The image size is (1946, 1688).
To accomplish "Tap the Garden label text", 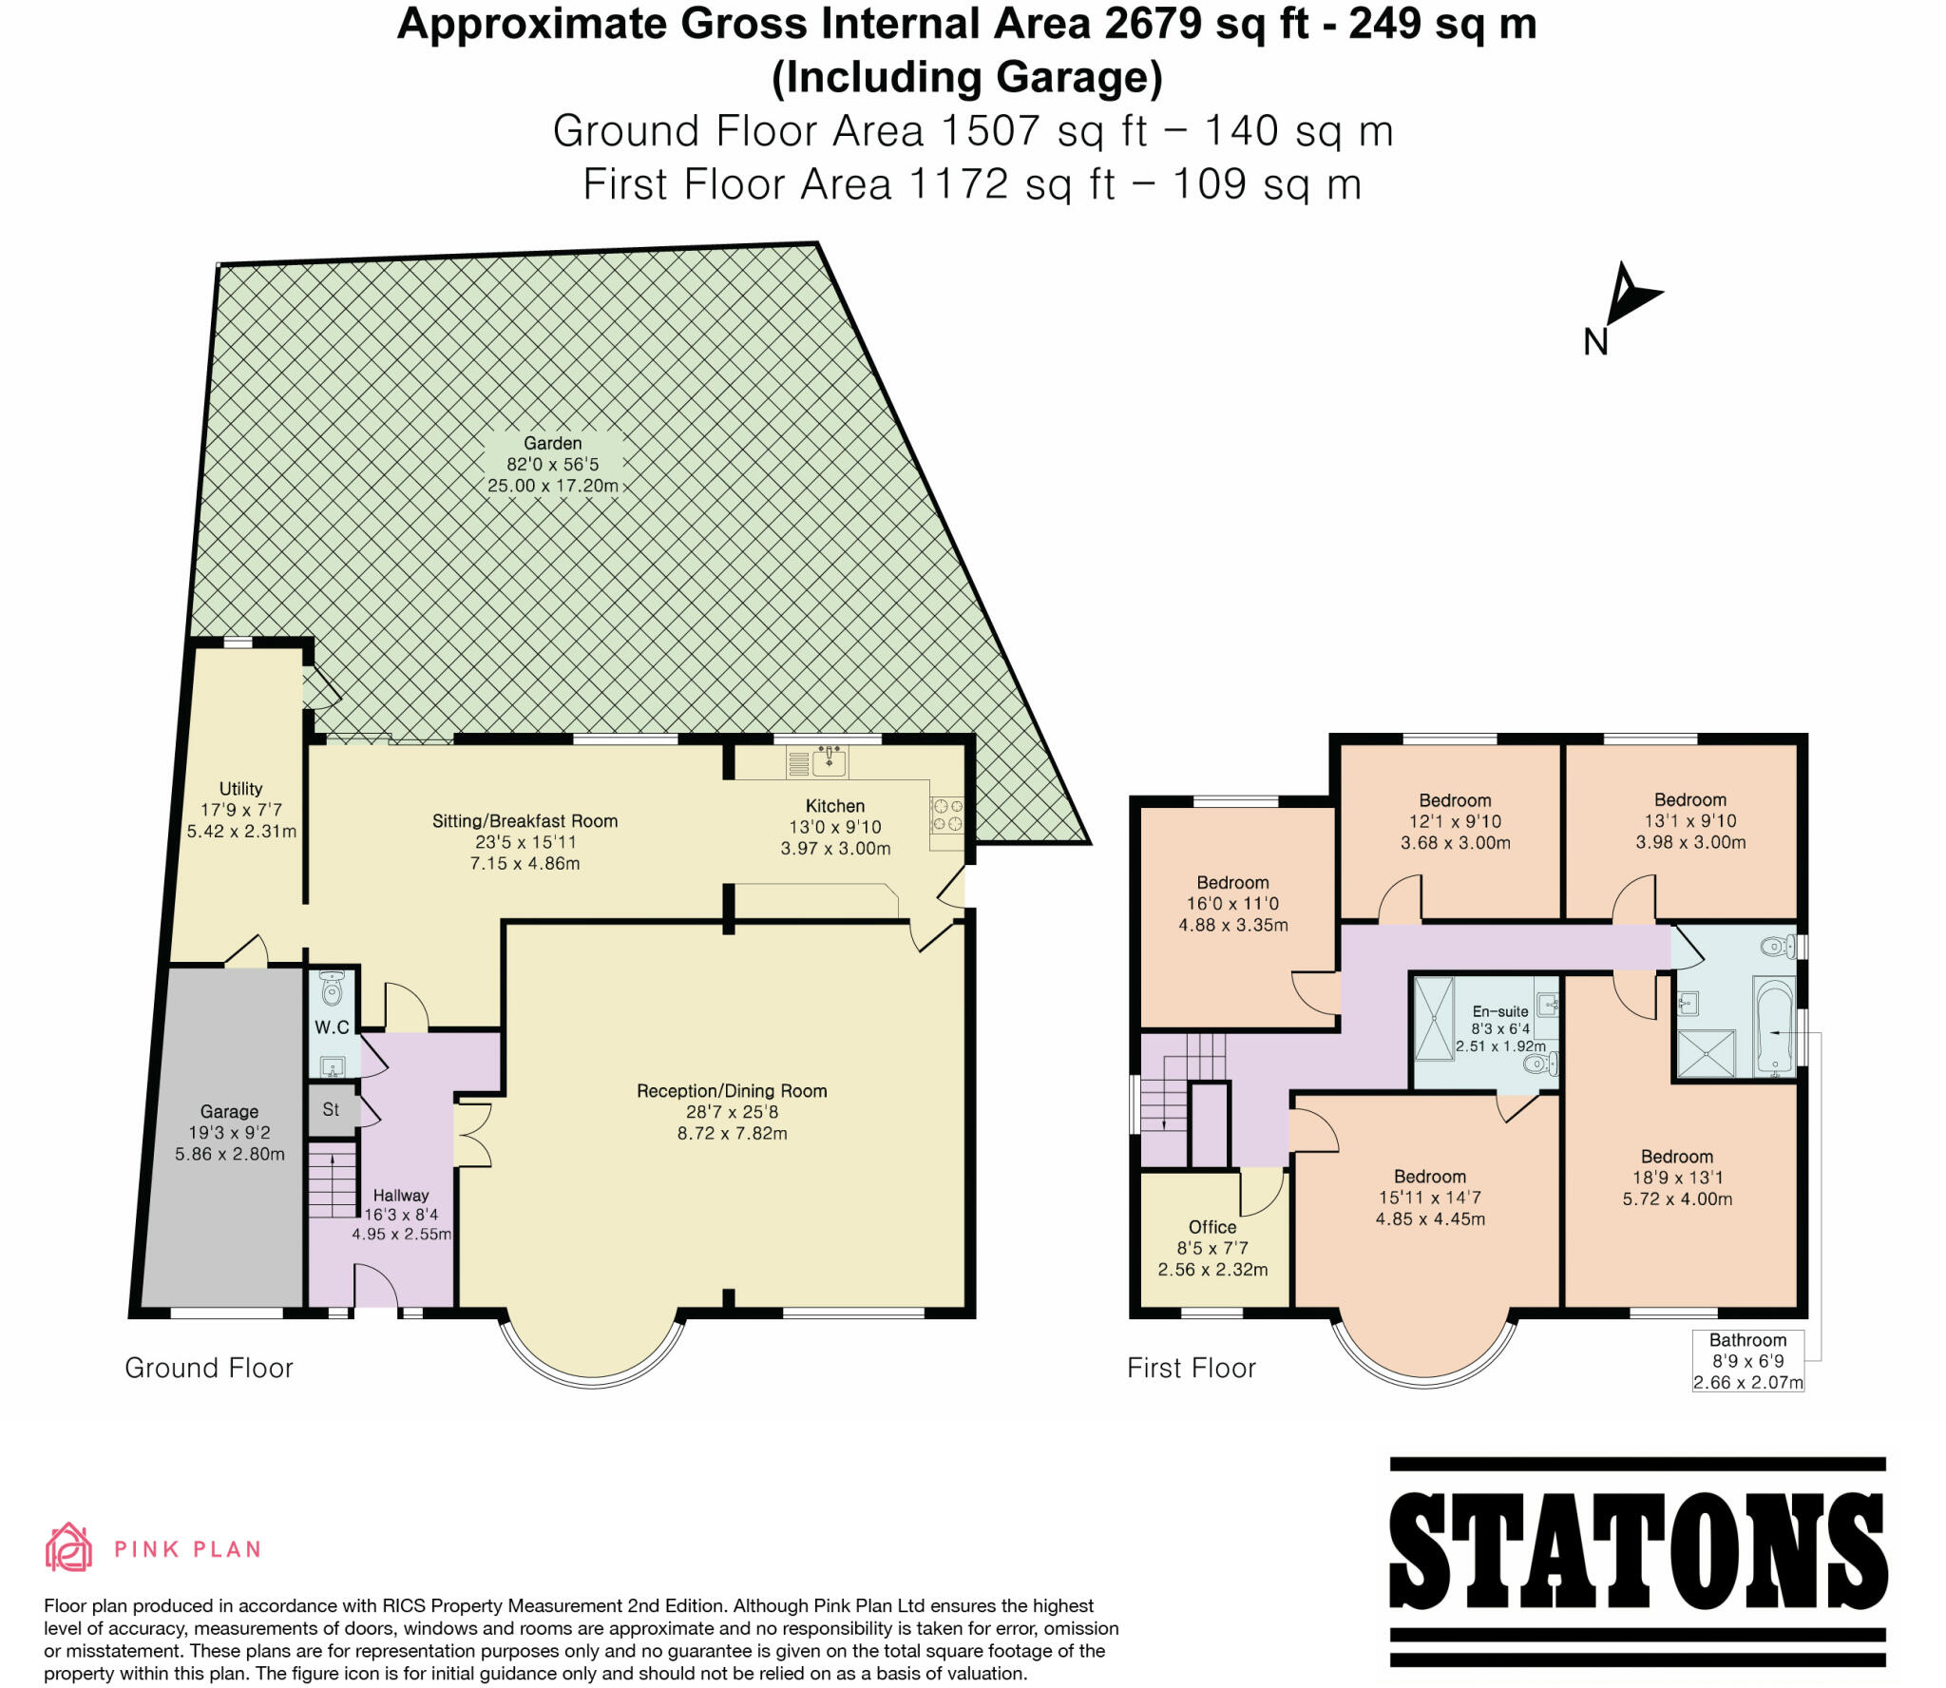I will [552, 443].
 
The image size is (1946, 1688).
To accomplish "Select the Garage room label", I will [229, 1111].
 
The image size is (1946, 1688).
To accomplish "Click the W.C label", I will [332, 1026].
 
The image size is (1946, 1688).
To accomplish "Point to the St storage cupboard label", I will [331, 1108].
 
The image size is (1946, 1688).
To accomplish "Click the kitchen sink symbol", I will [830, 760].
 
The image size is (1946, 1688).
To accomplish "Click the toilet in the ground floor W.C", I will [332, 990].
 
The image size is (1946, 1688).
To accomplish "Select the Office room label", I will [1212, 1226].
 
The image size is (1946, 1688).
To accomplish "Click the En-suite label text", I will [1500, 1011].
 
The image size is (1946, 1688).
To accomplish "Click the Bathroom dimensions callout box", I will [1747, 1361].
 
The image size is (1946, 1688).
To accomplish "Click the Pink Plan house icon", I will [68, 1547].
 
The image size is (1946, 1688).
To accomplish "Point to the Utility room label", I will [240, 788].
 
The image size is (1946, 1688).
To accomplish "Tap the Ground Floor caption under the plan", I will [209, 1368].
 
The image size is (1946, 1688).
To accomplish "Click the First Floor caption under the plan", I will [1192, 1368].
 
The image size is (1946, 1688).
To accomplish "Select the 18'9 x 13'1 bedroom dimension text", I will [1677, 1178].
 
